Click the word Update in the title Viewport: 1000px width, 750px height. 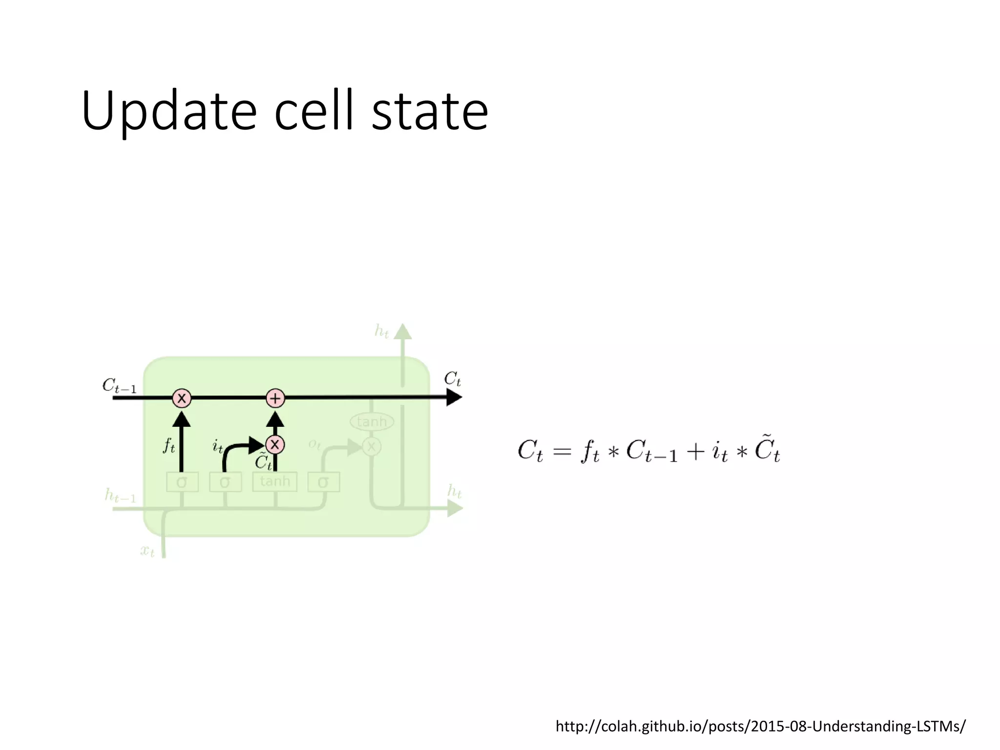click(x=169, y=111)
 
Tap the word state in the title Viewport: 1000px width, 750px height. click(x=430, y=111)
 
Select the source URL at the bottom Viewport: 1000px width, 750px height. click(x=760, y=726)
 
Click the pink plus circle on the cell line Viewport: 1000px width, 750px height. click(x=275, y=398)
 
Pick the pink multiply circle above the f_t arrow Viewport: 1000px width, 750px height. click(x=182, y=398)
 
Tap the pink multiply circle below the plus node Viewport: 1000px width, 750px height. click(x=275, y=444)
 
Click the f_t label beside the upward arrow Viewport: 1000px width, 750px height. click(x=168, y=445)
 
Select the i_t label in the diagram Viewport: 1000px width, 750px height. click(x=218, y=445)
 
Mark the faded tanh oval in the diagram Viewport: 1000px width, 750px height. click(x=372, y=421)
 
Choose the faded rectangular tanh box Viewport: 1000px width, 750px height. click(x=275, y=481)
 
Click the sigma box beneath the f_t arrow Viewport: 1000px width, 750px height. click(x=182, y=482)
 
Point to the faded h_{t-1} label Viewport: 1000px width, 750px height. click(x=120, y=496)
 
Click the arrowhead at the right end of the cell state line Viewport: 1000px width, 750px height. click(x=454, y=397)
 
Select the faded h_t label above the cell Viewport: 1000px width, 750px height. click(x=381, y=332)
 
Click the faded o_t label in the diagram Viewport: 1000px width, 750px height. click(x=314, y=444)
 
